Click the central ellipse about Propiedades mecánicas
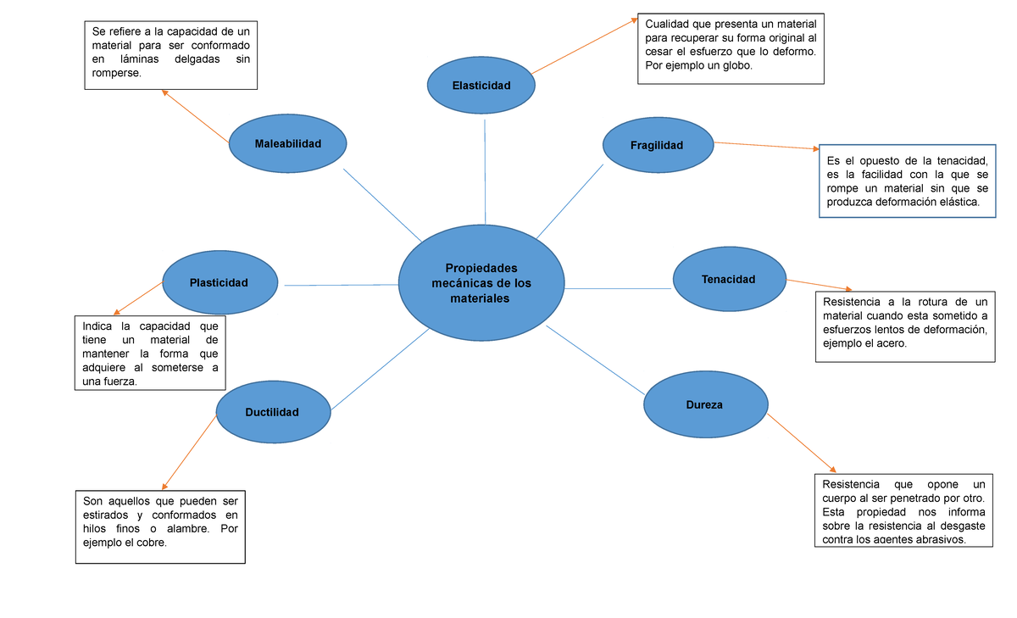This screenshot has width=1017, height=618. click(481, 283)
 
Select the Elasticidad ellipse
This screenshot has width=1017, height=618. click(481, 86)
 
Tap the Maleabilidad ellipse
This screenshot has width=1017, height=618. click(288, 144)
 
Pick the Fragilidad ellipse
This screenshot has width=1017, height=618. click(657, 145)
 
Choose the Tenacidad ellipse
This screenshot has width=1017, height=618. click(728, 279)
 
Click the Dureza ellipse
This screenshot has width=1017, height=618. click(704, 405)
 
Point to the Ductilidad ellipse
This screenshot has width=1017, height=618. click(272, 412)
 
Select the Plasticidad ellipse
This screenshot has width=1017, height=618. click(219, 283)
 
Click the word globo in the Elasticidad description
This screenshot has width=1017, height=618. click(734, 65)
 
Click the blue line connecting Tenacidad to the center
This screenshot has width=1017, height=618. click(618, 289)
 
